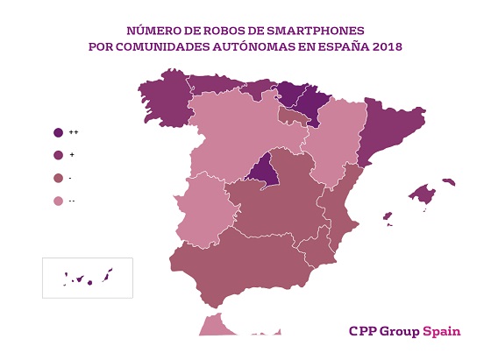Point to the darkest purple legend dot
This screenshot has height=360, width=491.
pyautogui.click(x=58, y=132)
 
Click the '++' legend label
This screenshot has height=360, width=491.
pyautogui.click(x=72, y=132)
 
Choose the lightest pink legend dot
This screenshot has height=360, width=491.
pyautogui.click(x=58, y=201)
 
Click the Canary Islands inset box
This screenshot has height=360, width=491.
pyautogui.click(x=87, y=278)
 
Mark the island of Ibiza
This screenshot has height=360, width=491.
pyautogui.click(x=386, y=216)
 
